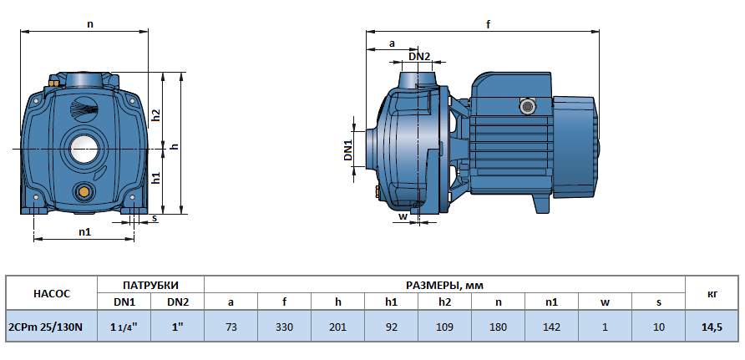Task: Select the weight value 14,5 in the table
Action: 712,326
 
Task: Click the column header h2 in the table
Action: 444,302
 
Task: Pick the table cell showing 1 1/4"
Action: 124,326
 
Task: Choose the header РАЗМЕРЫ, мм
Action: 443,284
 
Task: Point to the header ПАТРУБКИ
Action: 150,284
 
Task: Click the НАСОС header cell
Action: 51,293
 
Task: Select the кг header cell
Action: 712,293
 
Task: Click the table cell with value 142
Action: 551,326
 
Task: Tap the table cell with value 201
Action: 337,326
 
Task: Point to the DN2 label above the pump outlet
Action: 419,56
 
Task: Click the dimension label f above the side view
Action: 488,25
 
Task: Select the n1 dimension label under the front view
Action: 84,231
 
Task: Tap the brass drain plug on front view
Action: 84,193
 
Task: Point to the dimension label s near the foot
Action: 154,219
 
